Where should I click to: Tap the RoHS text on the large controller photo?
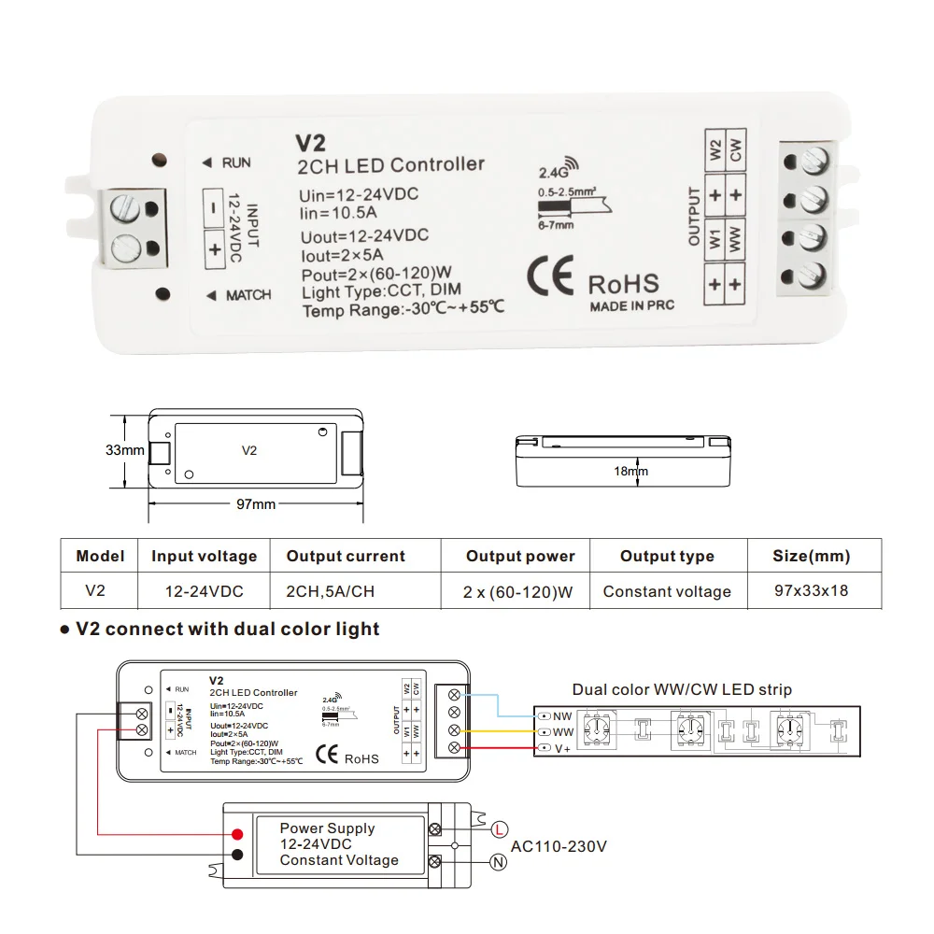623,284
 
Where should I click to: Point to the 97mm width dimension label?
255,504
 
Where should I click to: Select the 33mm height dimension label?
124,450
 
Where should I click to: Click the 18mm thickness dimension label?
630,471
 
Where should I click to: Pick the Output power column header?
520,557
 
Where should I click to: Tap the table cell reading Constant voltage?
667,591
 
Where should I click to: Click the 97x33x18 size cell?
811,591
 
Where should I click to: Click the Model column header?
100,557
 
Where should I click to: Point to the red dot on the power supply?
238,834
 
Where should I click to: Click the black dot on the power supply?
238,855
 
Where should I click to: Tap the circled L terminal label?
500,828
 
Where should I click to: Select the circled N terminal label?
500,864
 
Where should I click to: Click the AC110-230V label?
559,846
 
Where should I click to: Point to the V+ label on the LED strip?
562,749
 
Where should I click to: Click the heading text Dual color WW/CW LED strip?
682,690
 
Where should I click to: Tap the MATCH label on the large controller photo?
248,295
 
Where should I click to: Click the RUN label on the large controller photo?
236,163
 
